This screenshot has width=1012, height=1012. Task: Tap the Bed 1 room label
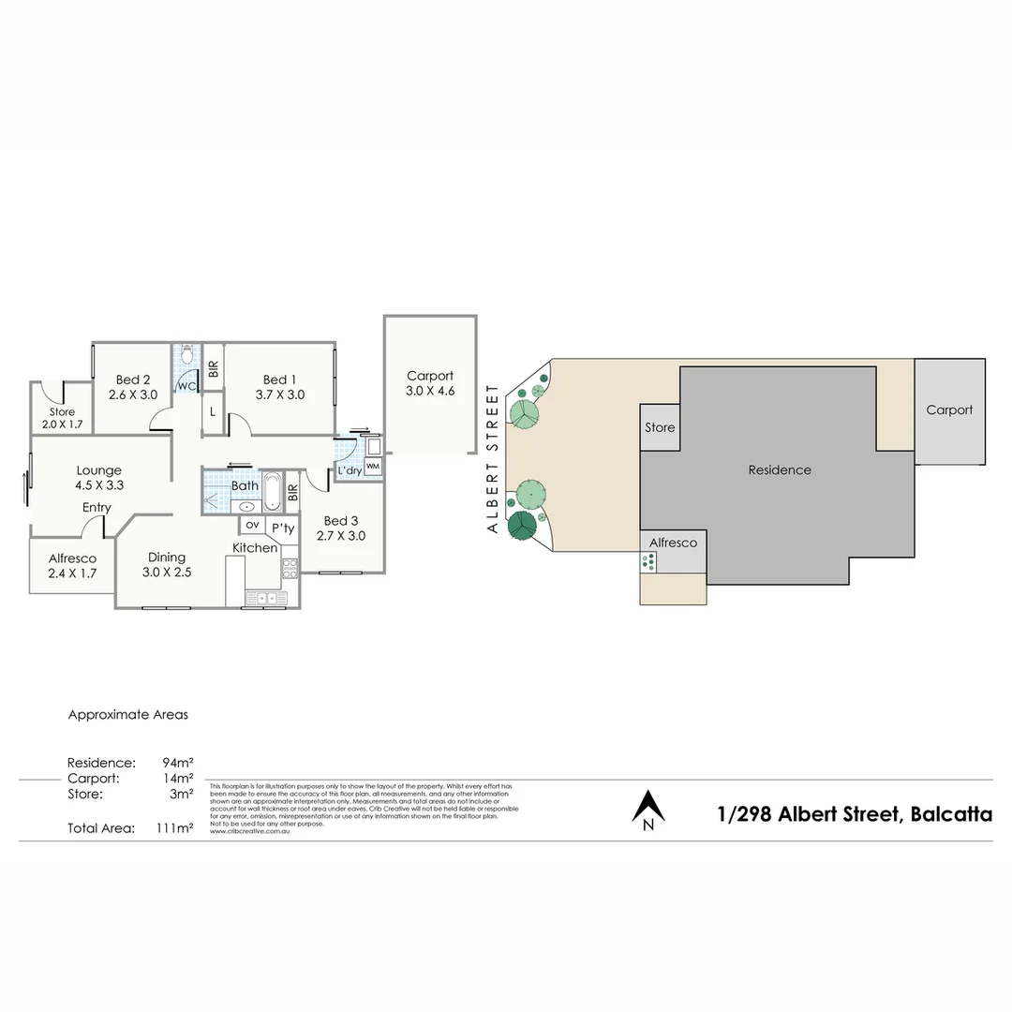[280, 387]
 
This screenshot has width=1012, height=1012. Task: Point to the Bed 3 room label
[341, 528]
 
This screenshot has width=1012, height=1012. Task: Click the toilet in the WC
[186, 356]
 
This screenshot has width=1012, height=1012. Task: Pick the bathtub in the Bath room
[272, 491]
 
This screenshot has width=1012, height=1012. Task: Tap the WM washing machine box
[373, 466]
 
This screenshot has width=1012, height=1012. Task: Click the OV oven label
[252, 525]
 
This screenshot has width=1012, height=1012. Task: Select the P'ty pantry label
[282, 527]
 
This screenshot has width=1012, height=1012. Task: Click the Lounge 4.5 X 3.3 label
[99, 478]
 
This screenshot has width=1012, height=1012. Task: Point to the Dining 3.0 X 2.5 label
[167, 564]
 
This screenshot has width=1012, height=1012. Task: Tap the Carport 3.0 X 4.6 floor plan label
[430, 383]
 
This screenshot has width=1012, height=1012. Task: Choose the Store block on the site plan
[660, 427]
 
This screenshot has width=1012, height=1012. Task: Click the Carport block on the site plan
[949, 410]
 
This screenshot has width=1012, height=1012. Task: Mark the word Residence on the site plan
[780, 469]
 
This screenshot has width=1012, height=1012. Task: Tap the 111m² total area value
[175, 828]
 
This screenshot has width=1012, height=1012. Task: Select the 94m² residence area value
[178, 762]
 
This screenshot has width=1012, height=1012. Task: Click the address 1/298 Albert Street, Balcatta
[854, 814]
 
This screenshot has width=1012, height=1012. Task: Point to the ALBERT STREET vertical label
[493, 459]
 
